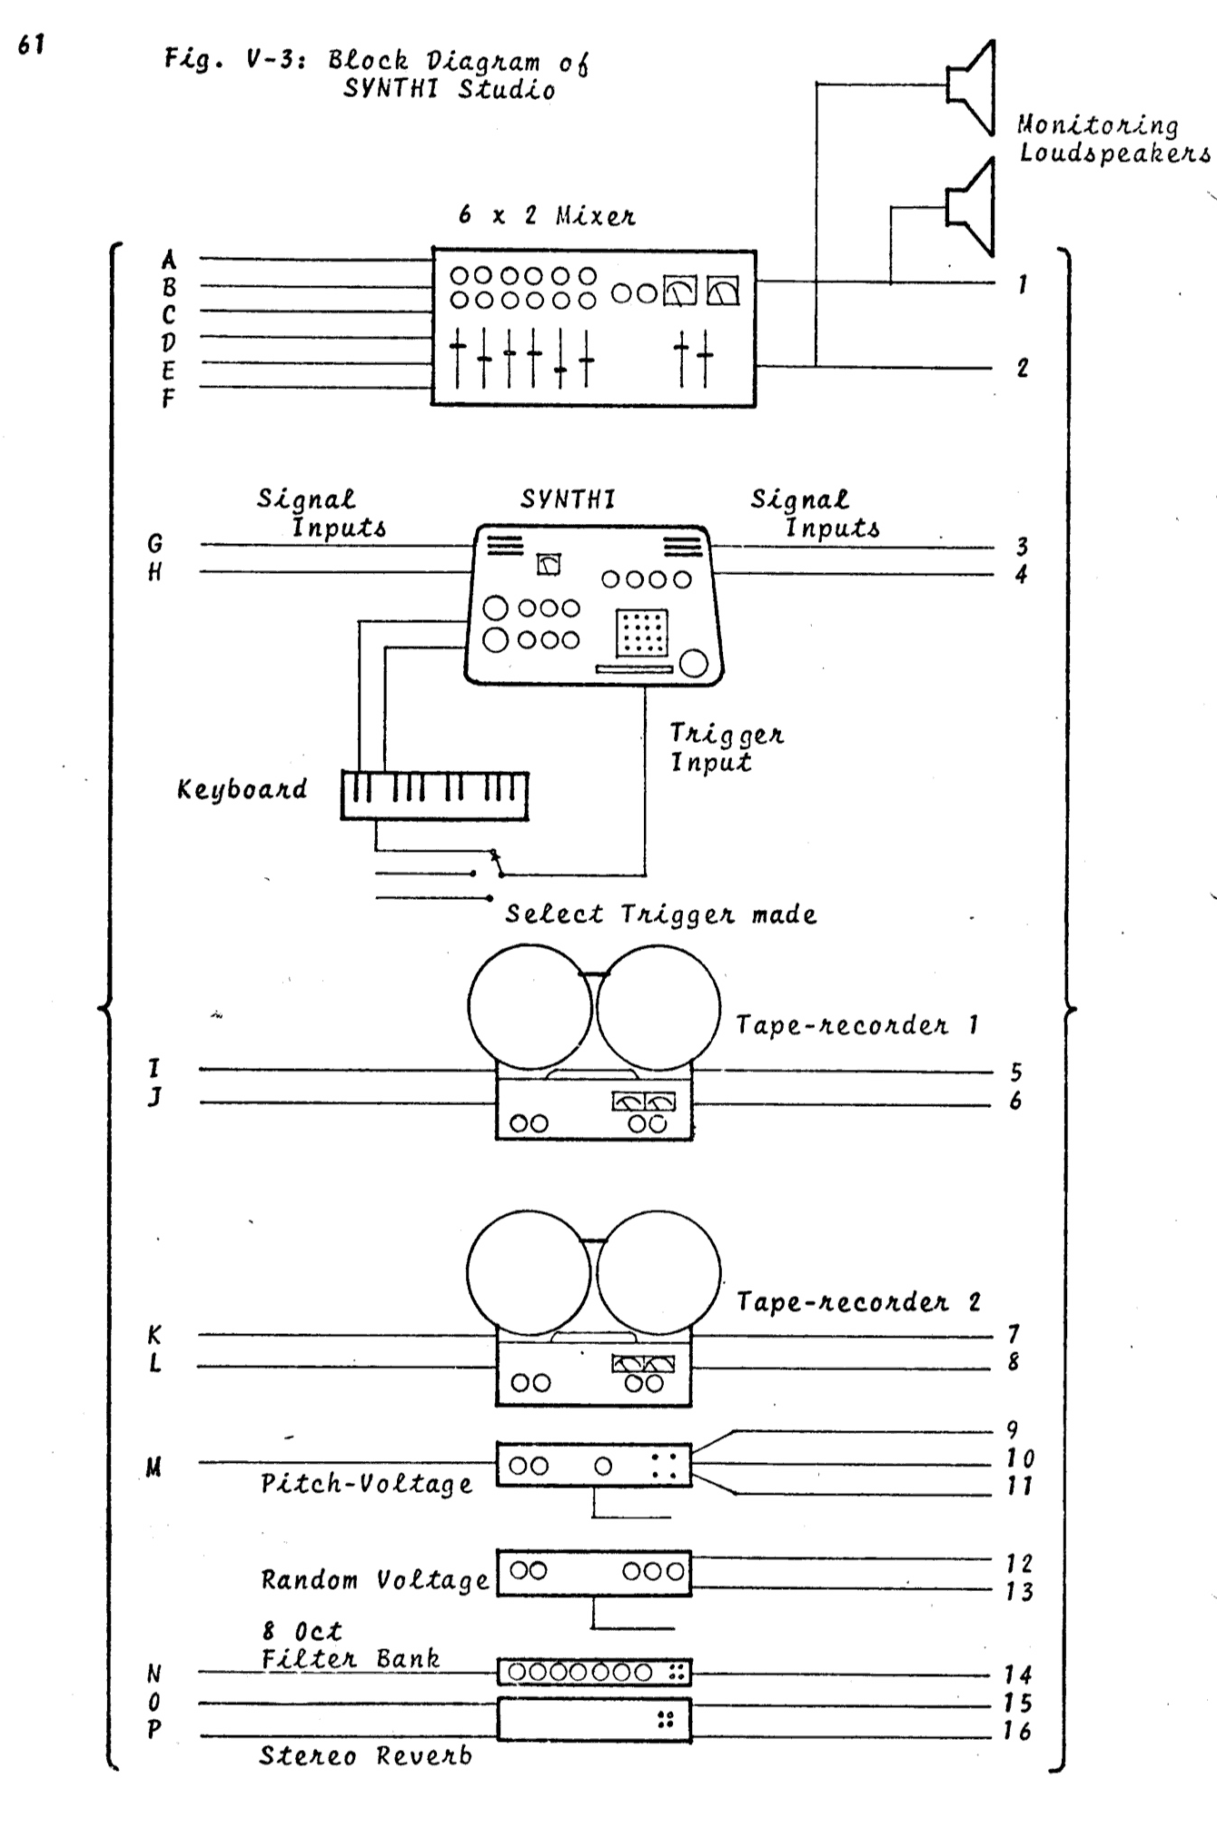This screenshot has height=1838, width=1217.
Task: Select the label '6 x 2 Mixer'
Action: point(548,216)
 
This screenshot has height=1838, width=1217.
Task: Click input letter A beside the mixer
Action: point(169,261)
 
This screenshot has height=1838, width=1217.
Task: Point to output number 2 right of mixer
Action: point(1023,368)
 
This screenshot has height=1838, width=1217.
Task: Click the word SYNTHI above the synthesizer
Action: point(568,499)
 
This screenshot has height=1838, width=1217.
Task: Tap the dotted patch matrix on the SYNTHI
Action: point(642,632)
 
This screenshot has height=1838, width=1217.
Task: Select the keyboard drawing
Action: point(435,795)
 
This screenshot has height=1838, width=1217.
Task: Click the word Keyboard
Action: point(242,789)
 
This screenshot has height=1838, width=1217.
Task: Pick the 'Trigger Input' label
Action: point(725,748)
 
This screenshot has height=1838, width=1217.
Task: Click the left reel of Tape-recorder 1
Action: point(529,1006)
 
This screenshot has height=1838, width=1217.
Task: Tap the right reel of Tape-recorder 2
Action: point(659,1273)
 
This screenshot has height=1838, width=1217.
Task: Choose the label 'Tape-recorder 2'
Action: point(858,1302)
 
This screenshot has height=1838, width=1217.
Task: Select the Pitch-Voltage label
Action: point(366,1484)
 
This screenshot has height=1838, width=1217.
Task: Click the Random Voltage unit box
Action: point(593,1572)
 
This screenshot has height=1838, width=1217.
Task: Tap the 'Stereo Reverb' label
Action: point(365,1755)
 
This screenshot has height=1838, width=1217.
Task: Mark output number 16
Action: point(1018,1731)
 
